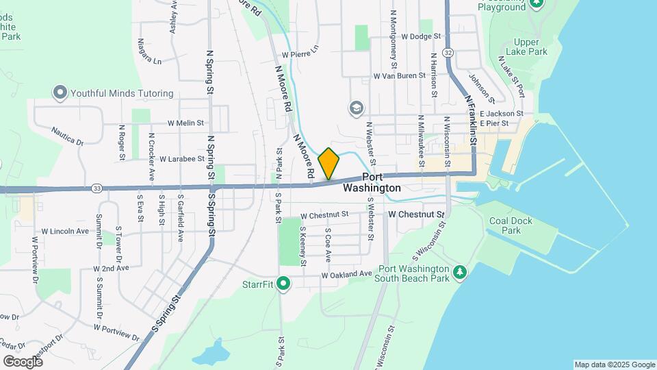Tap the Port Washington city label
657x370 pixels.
point(372,182)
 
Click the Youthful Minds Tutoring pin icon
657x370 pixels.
point(60,92)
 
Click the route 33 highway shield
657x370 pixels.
point(97,188)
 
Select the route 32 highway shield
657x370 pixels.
point(448,52)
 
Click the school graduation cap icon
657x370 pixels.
point(356,108)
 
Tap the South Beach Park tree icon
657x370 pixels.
point(461,273)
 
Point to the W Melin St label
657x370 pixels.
point(186,123)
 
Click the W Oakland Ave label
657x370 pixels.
point(347,274)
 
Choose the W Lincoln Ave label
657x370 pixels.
point(65,232)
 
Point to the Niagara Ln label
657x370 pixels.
point(149,56)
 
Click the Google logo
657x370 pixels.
point(23,361)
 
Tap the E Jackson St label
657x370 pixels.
point(502,114)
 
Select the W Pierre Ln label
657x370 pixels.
point(300,52)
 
